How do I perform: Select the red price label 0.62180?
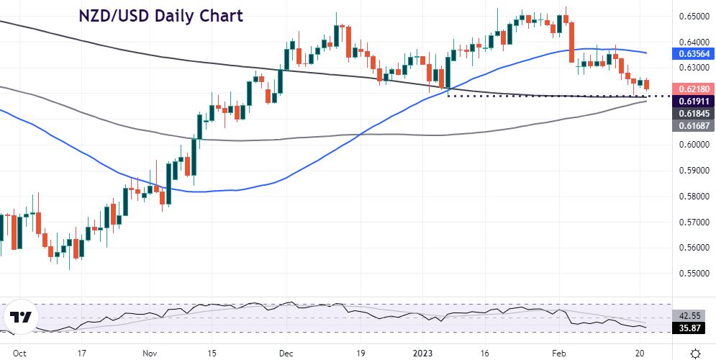coord(692,88)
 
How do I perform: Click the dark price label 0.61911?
coord(692,102)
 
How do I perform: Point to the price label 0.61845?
coord(692,114)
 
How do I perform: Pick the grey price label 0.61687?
coord(692,126)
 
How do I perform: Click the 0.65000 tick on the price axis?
coord(692,16)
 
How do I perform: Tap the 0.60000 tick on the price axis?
coord(692,145)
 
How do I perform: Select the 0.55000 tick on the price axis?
coord(692,274)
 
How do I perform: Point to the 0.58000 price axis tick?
coord(692,197)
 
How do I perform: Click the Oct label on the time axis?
coord(20,354)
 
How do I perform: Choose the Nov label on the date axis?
coord(150,354)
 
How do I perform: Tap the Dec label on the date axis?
coord(286,354)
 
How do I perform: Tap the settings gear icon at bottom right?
coord(695,353)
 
